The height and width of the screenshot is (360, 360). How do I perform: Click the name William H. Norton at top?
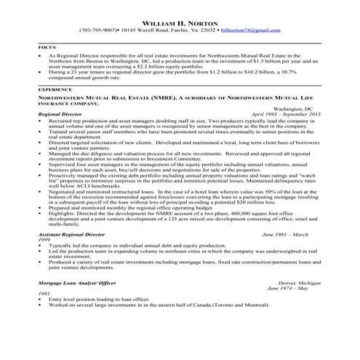coord(180,23)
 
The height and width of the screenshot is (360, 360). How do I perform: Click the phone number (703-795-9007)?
coord(98,31)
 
